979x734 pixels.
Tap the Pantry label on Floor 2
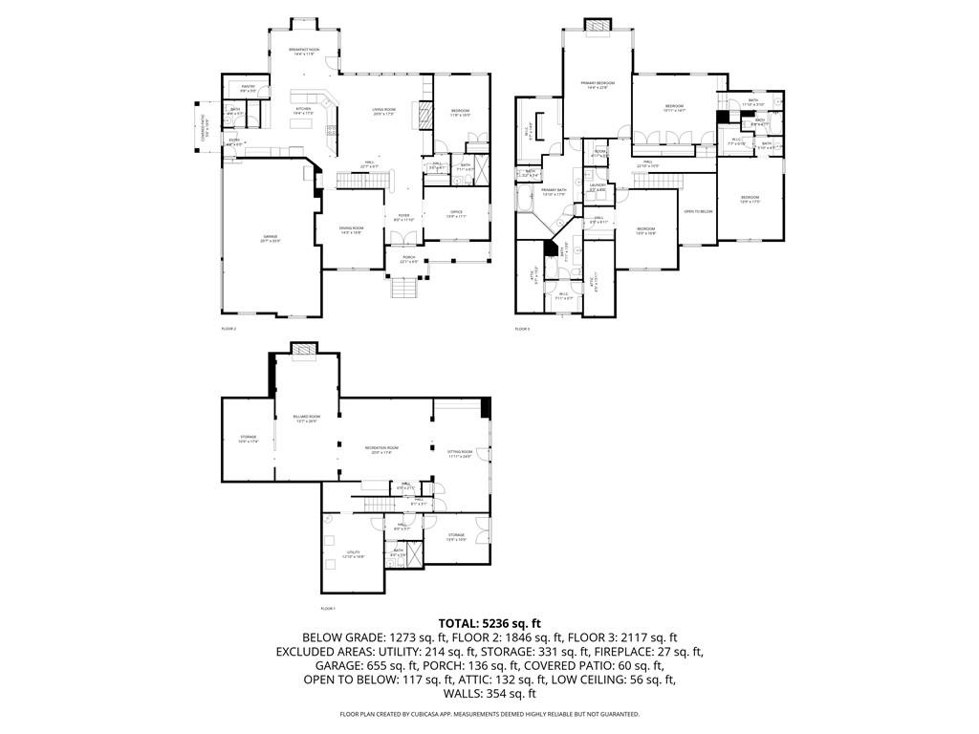(248, 89)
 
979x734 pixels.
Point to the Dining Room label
(351, 229)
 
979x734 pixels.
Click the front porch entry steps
(402, 287)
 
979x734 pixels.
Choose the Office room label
(456, 213)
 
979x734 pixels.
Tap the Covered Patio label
(202, 126)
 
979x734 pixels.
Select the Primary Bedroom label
(598, 85)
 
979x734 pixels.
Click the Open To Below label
(697, 211)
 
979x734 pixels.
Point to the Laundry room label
(598, 188)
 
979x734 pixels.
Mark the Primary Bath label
(554, 192)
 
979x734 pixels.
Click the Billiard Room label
(306, 419)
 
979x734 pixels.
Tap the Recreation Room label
(381, 449)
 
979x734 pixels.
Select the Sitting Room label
(460, 454)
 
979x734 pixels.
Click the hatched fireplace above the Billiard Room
(305, 349)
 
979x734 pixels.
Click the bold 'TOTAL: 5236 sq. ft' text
(489, 622)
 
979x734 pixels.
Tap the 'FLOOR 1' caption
(328, 608)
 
